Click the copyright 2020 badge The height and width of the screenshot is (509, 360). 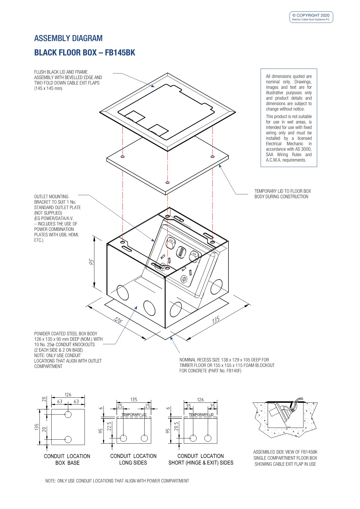311,17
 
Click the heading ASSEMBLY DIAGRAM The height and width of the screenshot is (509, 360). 68,38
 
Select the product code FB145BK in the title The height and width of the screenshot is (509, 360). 120,53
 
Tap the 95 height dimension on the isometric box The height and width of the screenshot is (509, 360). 92,262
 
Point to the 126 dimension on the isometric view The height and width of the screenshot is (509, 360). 118,320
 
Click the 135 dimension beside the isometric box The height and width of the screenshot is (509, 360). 216,320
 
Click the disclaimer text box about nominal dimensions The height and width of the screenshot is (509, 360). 289,118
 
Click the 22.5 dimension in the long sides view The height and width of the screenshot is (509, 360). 109,426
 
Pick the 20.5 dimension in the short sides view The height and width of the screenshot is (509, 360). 176,426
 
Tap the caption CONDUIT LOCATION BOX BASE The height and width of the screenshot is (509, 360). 67,459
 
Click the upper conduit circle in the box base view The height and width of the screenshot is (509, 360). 68,414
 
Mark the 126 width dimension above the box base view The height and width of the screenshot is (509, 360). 68,395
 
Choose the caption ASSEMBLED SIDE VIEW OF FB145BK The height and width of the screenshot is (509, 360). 285,452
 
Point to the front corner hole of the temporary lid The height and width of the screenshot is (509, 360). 167,183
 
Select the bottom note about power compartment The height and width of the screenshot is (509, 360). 117,481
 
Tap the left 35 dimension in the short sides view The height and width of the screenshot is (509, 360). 188,406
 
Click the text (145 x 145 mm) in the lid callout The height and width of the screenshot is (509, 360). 48,88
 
